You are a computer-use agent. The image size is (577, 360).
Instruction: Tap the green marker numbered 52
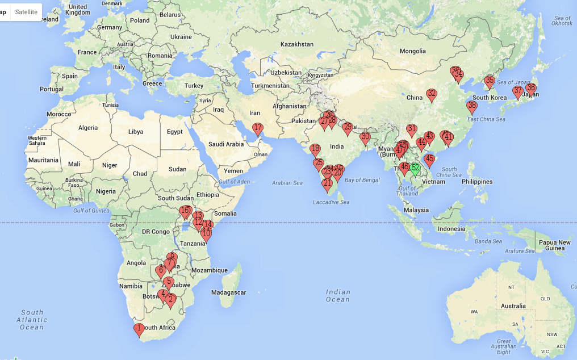click(415, 169)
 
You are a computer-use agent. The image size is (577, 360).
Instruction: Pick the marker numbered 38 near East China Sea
click(471, 106)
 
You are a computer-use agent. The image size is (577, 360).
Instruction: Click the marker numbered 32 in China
click(432, 94)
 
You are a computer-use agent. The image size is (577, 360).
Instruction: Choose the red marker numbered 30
click(365, 137)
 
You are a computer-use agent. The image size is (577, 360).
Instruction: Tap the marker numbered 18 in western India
click(315, 150)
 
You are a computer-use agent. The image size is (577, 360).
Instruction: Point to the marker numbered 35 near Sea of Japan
click(490, 81)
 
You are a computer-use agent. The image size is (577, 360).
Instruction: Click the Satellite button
click(26, 12)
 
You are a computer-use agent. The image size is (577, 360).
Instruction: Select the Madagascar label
click(228, 292)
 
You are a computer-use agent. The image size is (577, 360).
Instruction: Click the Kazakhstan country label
click(297, 44)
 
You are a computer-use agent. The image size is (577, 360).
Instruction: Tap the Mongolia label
click(413, 51)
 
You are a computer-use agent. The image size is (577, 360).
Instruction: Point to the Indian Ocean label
click(338, 296)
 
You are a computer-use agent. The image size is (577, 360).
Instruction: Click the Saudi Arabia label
click(227, 144)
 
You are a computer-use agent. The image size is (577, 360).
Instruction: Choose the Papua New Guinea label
click(555, 245)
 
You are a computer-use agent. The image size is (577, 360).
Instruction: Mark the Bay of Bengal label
click(362, 180)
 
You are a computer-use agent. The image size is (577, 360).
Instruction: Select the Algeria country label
click(88, 128)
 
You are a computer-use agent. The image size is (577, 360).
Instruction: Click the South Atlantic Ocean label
click(32, 319)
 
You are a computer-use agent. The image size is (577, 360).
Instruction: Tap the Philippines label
click(476, 182)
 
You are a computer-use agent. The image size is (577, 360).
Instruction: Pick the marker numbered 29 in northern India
click(348, 128)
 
